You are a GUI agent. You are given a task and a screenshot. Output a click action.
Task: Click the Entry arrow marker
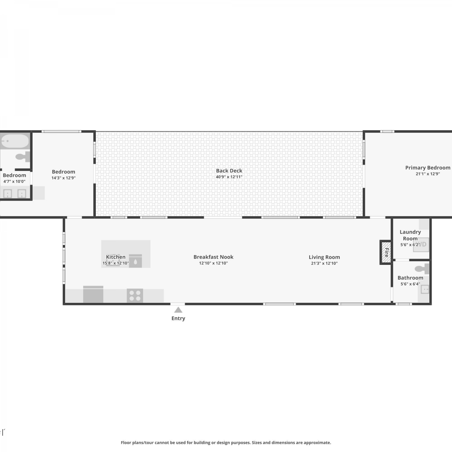[178, 310]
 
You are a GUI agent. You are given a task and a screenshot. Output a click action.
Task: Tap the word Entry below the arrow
[178, 319]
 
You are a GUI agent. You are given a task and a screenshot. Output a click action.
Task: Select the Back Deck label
[229, 171]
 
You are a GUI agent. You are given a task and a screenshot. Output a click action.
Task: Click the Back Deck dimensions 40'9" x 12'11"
[229, 177]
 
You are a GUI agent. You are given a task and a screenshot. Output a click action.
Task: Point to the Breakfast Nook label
[213, 257]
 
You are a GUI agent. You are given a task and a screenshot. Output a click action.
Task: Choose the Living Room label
[324, 257]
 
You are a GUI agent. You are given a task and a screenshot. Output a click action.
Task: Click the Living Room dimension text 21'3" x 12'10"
[324, 263]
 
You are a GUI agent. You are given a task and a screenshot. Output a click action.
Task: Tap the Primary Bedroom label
[428, 168]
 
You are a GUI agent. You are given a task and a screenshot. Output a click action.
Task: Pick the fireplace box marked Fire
[386, 252]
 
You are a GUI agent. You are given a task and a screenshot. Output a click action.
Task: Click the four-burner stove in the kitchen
[135, 295]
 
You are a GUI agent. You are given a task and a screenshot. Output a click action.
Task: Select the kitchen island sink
[135, 261]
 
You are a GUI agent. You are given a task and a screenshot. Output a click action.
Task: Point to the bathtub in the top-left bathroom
[15, 141]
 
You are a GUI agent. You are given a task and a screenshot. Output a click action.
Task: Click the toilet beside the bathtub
[23, 157]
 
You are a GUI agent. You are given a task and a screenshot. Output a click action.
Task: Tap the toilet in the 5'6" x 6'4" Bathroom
[422, 269]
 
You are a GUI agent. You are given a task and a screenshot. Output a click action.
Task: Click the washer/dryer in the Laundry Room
[421, 245]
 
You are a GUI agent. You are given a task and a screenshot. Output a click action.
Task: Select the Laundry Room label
[410, 235]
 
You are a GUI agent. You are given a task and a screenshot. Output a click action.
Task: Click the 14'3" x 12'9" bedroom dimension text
[63, 178]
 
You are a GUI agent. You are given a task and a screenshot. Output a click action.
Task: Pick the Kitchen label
[116, 257]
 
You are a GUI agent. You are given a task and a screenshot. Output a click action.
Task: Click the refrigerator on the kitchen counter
[93, 294]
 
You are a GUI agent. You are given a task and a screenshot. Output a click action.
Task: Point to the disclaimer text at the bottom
[226, 443]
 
